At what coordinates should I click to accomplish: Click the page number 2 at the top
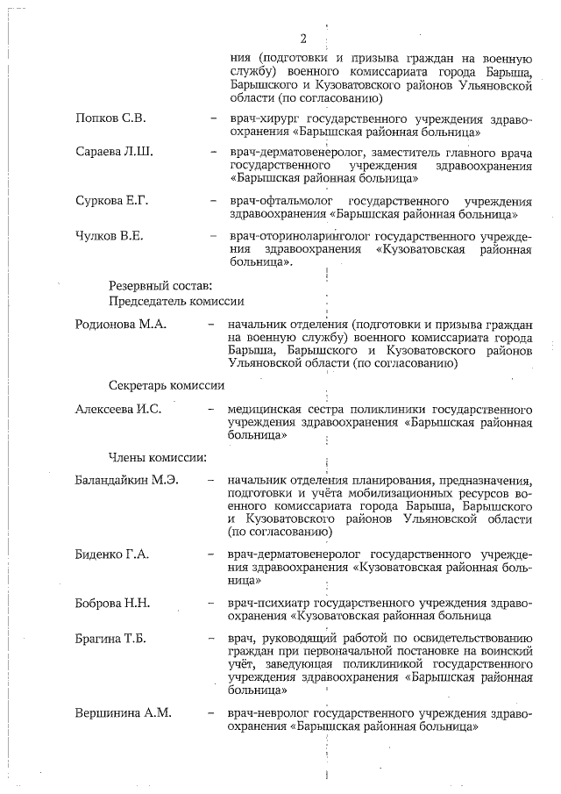(303, 39)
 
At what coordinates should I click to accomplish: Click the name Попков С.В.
(110, 118)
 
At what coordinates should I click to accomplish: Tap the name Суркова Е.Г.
(112, 201)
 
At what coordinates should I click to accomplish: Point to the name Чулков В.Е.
(110, 236)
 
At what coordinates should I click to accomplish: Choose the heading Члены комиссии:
(157, 456)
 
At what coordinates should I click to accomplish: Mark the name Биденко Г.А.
(112, 554)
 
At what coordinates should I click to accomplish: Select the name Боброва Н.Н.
(113, 603)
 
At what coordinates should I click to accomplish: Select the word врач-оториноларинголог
(299, 236)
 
